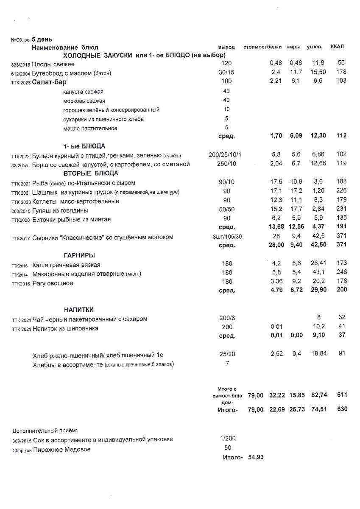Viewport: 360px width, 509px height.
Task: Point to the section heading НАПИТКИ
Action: point(79,310)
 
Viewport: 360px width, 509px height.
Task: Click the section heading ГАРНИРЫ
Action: point(79,255)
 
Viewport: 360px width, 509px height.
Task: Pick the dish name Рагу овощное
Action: point(53,283)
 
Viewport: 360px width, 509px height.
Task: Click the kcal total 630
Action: point(341,409)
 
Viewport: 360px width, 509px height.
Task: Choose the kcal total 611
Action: point(341,395)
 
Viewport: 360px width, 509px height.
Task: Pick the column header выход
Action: point(226,46)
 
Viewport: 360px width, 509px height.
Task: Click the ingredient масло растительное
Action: point(90,128)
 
